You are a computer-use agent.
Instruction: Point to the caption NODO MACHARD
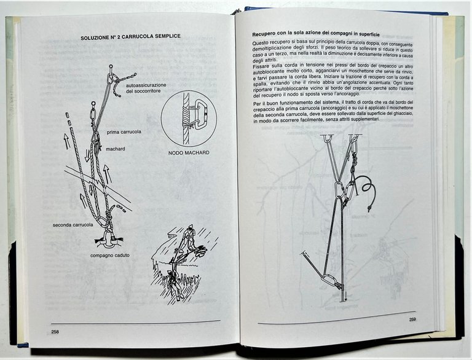pyautogui.click(x=189, y=153)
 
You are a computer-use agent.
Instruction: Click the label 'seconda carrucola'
pyautogui.click(x=73, y=225)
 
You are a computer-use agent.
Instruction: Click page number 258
pyautogui.click(x=55, y=332)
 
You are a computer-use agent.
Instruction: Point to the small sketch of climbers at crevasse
pyautogui.click(x=179, y=261)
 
